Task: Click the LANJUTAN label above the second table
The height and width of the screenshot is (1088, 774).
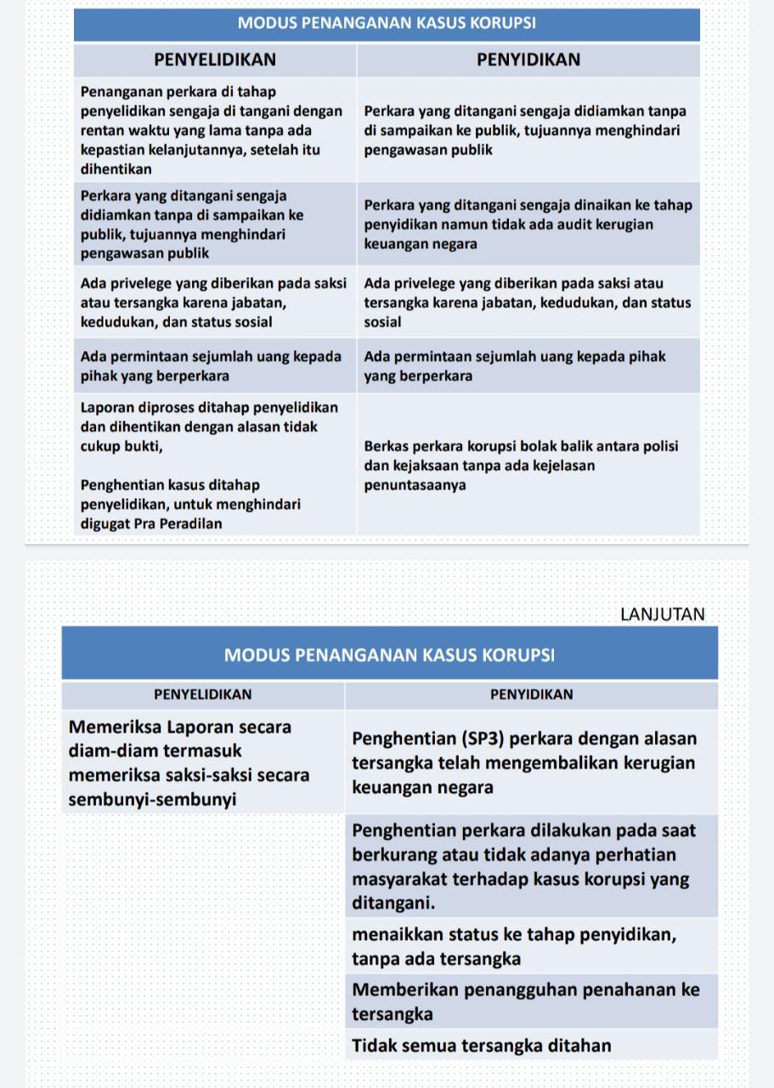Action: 662,615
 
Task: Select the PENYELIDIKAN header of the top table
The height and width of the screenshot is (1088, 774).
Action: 215,59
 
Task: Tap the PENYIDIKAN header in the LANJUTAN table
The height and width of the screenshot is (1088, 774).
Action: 531,694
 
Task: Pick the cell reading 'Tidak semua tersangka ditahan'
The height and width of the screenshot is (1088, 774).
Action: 482,1045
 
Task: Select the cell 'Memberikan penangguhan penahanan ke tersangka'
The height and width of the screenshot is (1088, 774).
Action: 526,1001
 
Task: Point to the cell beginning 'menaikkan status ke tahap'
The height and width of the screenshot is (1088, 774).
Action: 514,946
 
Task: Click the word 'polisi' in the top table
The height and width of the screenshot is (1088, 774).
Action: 658,446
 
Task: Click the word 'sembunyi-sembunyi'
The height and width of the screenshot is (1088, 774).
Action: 151,799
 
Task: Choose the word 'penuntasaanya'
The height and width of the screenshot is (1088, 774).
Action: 415,485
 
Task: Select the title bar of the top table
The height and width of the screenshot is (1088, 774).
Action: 387,24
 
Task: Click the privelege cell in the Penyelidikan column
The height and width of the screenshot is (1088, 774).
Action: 213,303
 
